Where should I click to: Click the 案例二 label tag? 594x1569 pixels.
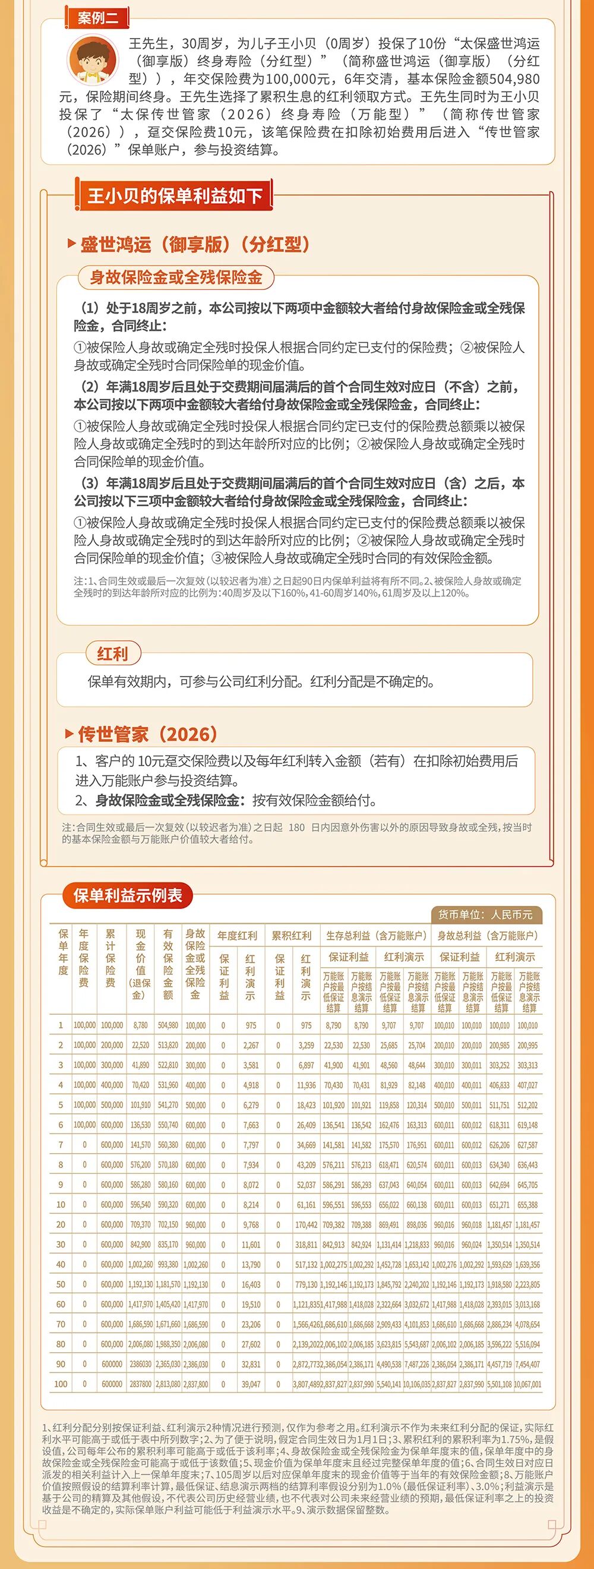(x=97, y=18)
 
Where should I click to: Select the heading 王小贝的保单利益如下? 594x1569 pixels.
(x=175, y=195)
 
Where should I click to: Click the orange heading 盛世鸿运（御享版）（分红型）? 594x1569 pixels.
(x=195, y=244)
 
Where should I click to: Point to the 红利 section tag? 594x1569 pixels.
(x=113, y=654)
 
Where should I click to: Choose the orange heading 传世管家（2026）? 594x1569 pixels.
(x=147, y=734)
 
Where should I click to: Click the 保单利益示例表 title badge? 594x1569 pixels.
(x=127, y=895)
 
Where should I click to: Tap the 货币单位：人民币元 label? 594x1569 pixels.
(x=485, y=914)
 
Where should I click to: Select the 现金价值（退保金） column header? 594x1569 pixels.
(x=140, y=964)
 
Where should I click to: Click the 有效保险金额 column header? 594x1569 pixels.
(x=168, y=964)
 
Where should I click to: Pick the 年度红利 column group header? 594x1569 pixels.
(x=237, y=936)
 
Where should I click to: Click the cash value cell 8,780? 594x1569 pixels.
(x=140, y=1025)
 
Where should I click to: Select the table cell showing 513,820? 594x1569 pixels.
(x=168, y=1045)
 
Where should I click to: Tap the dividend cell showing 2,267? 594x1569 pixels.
(x=251, y=1045)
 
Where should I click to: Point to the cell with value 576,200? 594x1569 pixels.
(x=140, y=1164)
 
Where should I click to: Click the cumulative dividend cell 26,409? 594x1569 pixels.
(x=306, y=1125)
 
